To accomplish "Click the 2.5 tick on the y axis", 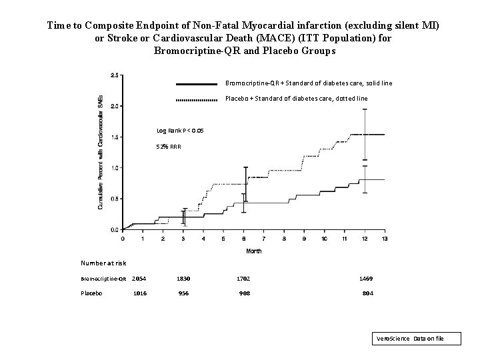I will [115, 75].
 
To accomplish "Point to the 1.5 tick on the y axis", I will [115, 137].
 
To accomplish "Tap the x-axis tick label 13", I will [385, 238].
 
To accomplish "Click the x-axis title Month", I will [253, 251].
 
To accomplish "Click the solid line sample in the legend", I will [197, 84].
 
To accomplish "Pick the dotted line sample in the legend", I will [197, 99].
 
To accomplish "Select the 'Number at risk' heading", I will [103, 263].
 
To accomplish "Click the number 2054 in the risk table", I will [139, 279].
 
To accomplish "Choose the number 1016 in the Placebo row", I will [140, 293].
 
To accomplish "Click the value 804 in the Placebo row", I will [367, 293].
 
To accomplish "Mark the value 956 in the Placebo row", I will [183, 293].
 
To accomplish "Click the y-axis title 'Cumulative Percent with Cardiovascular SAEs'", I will [101, 152].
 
